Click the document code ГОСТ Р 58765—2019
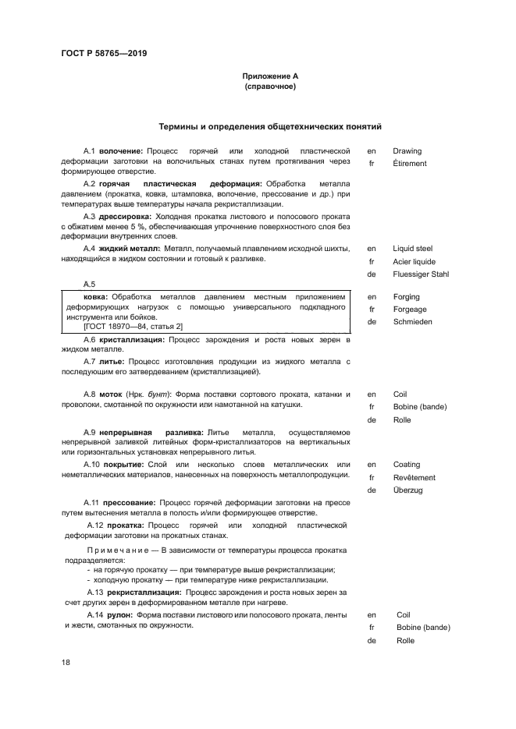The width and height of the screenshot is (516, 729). (x=104, y=53)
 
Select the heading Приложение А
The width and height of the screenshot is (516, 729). (x=269, y=76)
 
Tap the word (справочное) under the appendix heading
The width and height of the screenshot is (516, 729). (x=269, y=87)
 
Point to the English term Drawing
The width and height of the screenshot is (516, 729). (x=407, y=150)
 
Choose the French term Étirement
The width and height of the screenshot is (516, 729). (x=409, y=164)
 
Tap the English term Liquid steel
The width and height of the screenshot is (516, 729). (x=412, y=249)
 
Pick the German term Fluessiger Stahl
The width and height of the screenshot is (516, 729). (x=420, y=274)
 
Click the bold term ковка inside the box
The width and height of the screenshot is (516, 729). (x=96, y=297)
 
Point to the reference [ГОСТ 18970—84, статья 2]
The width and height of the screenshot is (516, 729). (x=133, y=327)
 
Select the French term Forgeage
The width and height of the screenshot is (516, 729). (x=410, y=310)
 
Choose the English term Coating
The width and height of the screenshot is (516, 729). (x=407, y=465)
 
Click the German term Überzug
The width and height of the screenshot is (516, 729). (x=407, y=490)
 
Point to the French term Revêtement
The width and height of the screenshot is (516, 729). (x=414, y=478)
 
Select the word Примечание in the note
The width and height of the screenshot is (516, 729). (x=123, y=550)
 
